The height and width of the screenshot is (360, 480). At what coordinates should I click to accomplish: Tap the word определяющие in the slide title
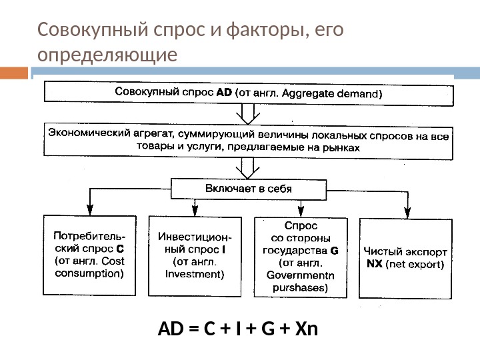tap(108, 53)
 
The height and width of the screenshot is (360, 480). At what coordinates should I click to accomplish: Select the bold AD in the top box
tap(225, 94)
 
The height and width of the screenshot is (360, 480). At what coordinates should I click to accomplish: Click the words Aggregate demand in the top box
tap(331, 94)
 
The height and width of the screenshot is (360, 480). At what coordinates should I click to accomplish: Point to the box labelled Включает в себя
tap(248, 188)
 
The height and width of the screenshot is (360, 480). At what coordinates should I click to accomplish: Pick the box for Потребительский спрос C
tap(89, 255)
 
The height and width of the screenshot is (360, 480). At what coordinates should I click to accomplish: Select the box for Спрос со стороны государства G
tap(301, 257)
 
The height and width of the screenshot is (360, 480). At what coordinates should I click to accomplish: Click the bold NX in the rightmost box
tap(375, 264)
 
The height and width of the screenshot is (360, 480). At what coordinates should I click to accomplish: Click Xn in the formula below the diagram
tap(307, 329)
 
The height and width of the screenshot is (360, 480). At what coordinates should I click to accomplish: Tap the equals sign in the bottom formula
tap(193, 329)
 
